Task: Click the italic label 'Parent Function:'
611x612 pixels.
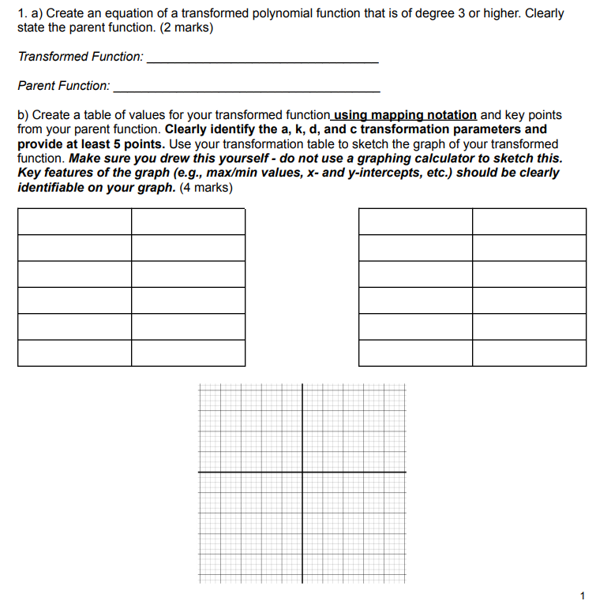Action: pos(64,85)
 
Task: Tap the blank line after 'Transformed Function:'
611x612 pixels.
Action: pos(263,60)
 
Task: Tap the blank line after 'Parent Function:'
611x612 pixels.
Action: pos(246,88)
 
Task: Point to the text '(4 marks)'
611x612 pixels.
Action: pos(206,187)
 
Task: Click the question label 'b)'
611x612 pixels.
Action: pos(24,115)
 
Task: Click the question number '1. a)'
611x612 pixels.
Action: pos(29,14)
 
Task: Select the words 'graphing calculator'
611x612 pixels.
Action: pos(450,158)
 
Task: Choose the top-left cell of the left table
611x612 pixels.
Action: pos(74,222)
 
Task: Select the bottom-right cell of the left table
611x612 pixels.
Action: pos(188,353)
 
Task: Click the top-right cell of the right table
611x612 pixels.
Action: pos(529,222)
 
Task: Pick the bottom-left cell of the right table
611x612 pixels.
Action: pos(415,353)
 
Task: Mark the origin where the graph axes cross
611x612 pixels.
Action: pos(302,472)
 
